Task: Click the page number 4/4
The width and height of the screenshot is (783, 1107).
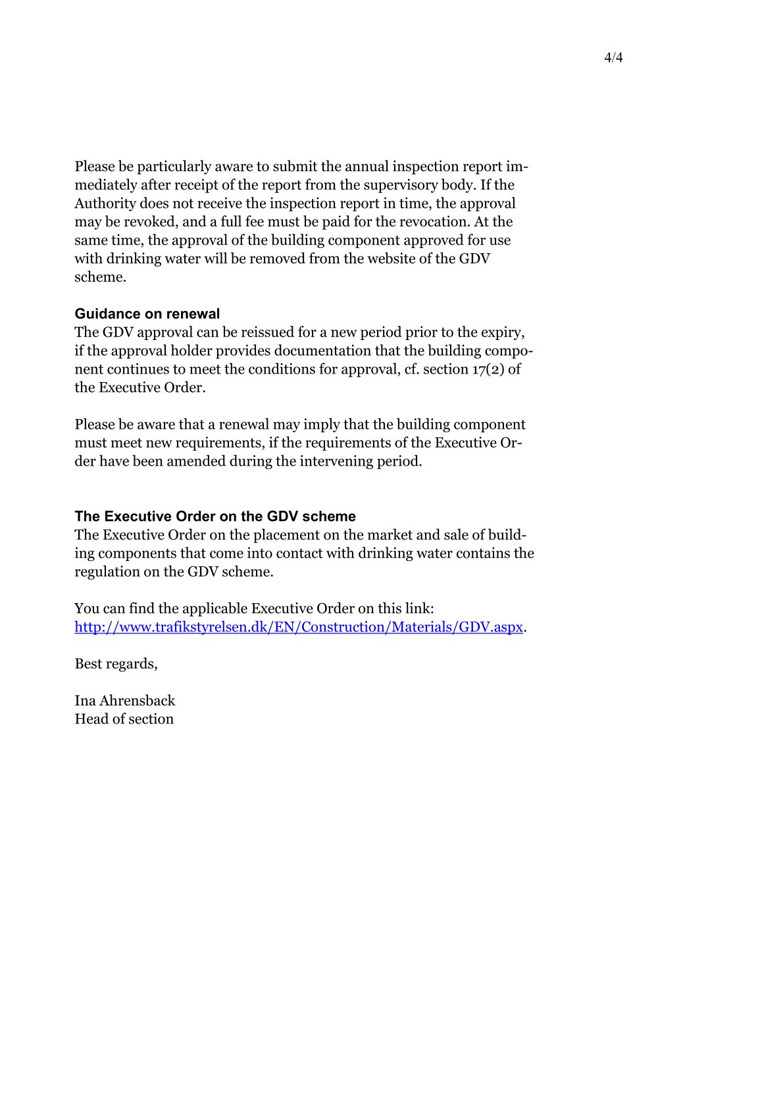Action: point(613,58)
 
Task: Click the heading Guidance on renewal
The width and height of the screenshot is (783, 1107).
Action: point(147,314)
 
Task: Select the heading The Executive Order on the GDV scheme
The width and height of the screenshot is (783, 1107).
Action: point(215,516)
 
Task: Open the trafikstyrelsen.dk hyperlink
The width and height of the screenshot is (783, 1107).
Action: point(299,627)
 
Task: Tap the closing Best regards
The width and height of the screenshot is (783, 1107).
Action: point(116,664)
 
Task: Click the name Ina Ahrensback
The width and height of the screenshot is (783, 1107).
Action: point(125,701)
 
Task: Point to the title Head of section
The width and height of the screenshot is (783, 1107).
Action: point(124,719)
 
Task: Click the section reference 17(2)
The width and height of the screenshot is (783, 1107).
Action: point(488,369)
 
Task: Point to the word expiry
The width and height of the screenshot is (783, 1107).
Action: point(503,332)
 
